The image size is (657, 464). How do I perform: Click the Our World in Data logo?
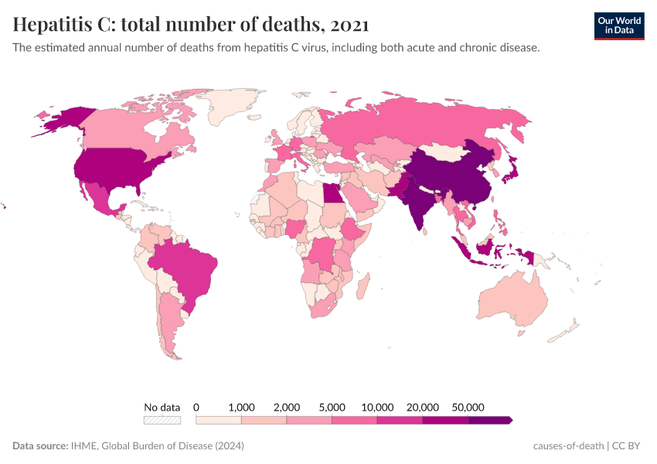click(x=618, y=26)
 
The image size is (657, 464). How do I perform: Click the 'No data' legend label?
click(x=162, y=407)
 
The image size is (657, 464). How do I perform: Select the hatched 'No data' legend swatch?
click(x=162, y=420)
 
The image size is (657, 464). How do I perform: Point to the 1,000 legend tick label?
click(x=241, y=407)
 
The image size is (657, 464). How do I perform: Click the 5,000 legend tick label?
click(x=332, y=407)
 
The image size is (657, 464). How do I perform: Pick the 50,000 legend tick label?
click(x=468, y=407)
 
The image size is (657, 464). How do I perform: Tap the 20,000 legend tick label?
click(x=422, y=407)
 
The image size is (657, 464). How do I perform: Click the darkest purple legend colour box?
click(x=489, y=420)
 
